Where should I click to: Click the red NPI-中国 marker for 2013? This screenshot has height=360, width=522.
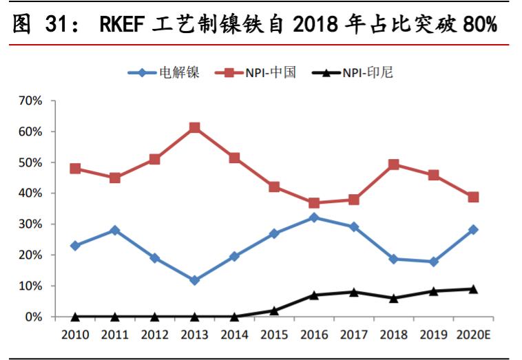coord(194,128)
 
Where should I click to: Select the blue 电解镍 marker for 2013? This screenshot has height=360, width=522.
coord(194,280)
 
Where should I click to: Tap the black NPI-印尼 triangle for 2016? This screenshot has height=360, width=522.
coord(314,295)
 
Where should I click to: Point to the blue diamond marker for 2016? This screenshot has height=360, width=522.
coord(314,218)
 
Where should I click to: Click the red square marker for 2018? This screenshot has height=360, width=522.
coord(394,165)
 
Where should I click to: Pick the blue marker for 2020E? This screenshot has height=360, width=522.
coord(473,230)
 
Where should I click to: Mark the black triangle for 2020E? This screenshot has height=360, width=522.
coord(473,289)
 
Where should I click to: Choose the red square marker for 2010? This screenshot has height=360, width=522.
coord(75,169)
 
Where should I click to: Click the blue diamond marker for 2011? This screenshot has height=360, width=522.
coord(115,231)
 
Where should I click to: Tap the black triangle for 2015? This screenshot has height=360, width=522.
coord(274,310)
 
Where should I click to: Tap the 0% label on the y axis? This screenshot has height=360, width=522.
coord(35,317)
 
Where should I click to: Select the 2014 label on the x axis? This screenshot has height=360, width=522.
coord(234,335)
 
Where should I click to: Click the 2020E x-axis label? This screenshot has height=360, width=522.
coord(472,335)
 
